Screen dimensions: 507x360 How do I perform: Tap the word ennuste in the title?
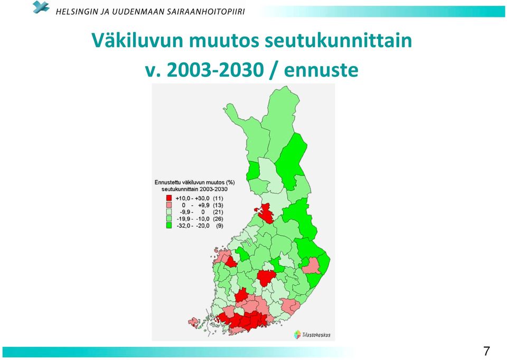321,70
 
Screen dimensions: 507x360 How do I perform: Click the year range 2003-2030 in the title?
215,70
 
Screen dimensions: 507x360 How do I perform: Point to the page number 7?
486,351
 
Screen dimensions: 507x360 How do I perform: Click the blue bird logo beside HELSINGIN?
41,7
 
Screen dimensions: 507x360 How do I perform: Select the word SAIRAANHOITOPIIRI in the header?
205,12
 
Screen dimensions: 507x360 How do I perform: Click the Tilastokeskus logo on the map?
312,335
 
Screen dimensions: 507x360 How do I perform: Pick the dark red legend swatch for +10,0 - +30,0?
169,198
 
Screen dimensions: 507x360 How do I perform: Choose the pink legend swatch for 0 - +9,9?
169,205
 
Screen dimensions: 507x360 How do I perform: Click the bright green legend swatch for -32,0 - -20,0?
169,226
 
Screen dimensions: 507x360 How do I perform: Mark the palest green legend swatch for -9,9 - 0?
169,212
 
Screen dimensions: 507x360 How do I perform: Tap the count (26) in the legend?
218,219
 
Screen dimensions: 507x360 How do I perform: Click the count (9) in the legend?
220,226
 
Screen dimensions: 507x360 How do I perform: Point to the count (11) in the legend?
218,198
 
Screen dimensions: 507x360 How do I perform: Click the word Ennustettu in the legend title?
168,182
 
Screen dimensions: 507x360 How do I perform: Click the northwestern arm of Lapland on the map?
234,113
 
